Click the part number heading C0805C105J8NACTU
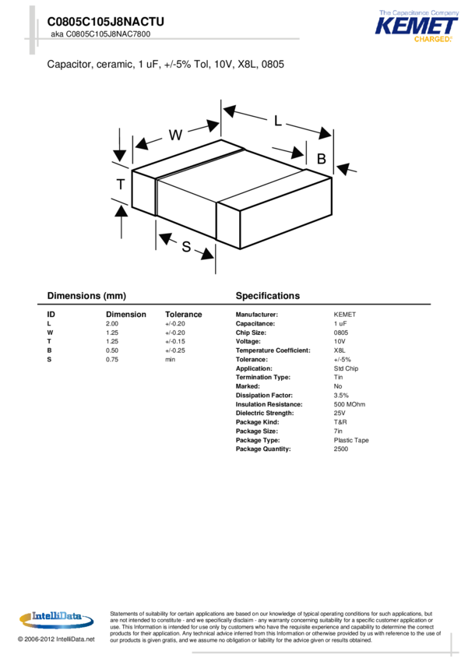pos(105,23)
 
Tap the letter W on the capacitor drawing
pos(175,135)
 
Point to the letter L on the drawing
pos(278,121)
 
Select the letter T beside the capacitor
pos(121,185)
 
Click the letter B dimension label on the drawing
pos(321,159)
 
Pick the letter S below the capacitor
pos(186,247)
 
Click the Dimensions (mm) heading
pos(86,296)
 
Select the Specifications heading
pos(267,296)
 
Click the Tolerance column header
pos(183,315)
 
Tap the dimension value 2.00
pos(112,323)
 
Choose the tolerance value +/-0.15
pos(175,341)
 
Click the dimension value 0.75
pos(112,359)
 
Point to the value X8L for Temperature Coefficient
pos(340,350)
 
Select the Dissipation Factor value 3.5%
pos(341,396)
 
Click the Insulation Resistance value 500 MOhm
pos(350,404)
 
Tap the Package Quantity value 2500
pos(341,449)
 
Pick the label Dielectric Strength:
pos(264,413)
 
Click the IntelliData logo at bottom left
pos(57,618)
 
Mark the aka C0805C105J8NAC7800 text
pos(100,35)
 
